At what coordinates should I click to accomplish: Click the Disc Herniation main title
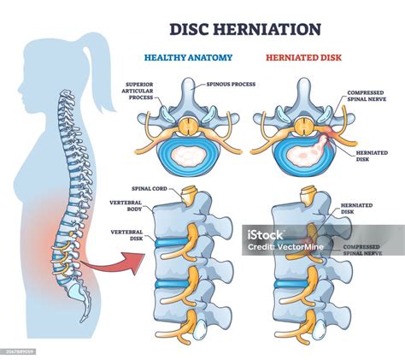[x=245, y=29]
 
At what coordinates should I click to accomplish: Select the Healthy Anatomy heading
[x=188, y=57]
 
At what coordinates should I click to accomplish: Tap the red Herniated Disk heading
[x=303, y=57]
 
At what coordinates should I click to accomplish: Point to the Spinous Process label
[x=231, y=85]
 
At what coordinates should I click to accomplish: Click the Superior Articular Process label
[x=139, y=91]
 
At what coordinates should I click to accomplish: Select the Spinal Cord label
[x=150, y=189]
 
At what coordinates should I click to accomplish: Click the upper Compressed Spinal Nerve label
[x=367, y=96]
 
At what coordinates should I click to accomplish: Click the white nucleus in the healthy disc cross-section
[x=188, y=156]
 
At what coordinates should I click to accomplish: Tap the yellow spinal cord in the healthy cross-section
[x=188, y=127]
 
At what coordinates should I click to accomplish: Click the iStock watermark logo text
[x=265, y=235]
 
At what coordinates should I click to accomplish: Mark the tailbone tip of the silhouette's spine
[x=82, y=322]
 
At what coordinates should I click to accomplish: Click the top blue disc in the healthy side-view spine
[x=171, y=243]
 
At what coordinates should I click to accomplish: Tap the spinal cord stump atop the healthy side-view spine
[x=190, y=196]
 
